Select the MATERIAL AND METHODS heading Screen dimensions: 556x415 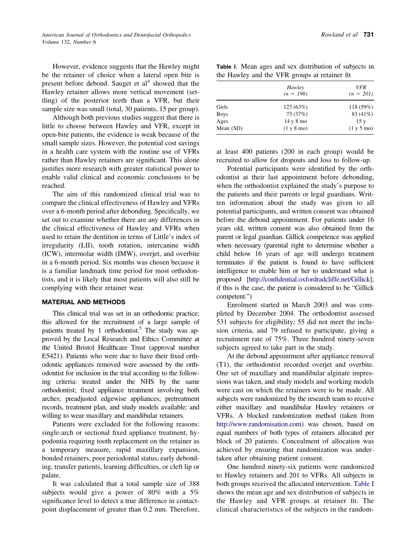tap(83, 302)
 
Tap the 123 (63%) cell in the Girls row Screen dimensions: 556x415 tap(295, 107)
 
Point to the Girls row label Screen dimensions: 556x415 tap(222, 107)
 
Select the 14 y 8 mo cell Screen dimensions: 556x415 tap(295, 121)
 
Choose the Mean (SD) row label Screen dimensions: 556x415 tap(229, 128)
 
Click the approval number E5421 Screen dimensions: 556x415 tap(53, 356)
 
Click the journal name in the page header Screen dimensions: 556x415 tap(116, 35)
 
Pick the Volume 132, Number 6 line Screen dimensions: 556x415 tap(69, 42)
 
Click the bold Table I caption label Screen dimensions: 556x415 tap(226, 67)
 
